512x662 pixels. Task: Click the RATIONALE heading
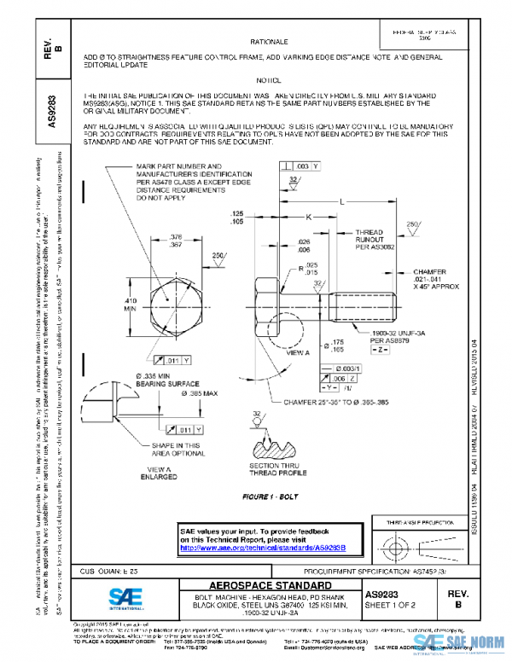coord(269,41)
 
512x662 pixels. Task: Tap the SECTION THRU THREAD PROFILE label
coord(279,469)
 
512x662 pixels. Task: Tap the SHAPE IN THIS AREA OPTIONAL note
coord(177,449)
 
